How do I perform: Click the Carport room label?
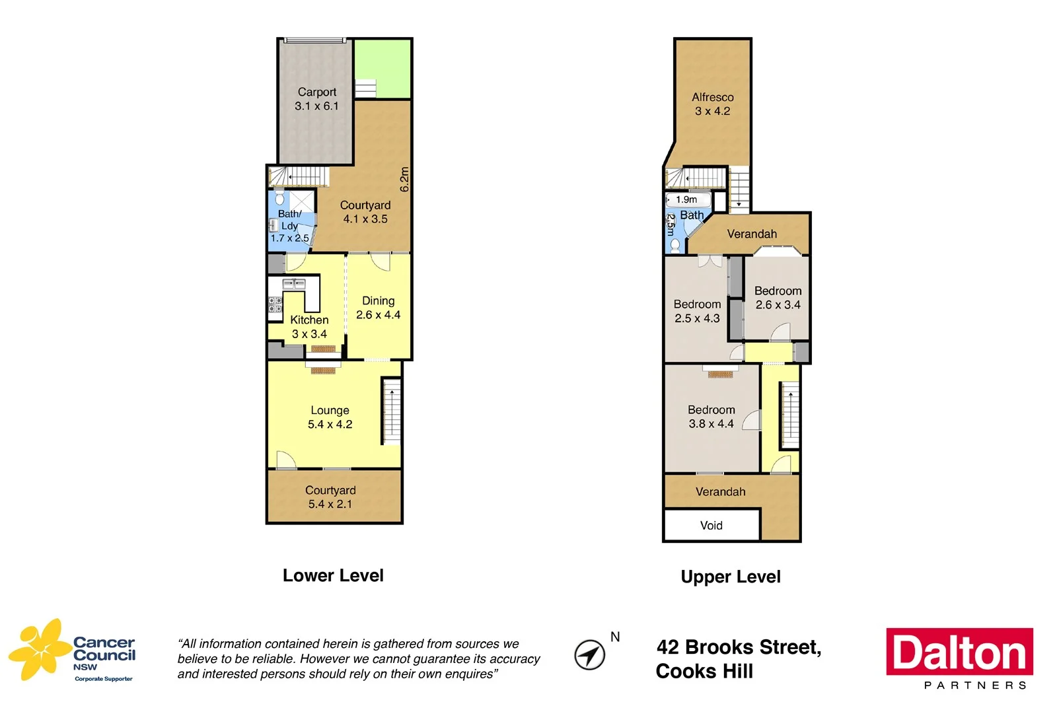[316, 99]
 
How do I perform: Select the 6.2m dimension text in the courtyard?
[404, 180]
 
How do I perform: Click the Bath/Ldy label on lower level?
[289, 226]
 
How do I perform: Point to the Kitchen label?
[309, 326]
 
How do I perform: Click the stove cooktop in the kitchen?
[275, 304]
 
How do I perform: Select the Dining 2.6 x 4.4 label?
[378, 308]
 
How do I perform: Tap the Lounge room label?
[330, 417]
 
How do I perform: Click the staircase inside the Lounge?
[391, 413]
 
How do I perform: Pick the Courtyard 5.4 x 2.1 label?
[330, 497]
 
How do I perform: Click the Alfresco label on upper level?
[712, 104]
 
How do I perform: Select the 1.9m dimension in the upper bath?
[686, 199]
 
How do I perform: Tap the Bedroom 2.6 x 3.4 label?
[778, 297]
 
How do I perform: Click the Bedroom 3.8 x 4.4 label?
[711, 417]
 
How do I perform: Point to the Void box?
[711, 526]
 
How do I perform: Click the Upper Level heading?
[730, 577]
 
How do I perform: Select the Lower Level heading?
[333, 575]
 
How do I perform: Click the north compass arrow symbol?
[589, 654]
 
